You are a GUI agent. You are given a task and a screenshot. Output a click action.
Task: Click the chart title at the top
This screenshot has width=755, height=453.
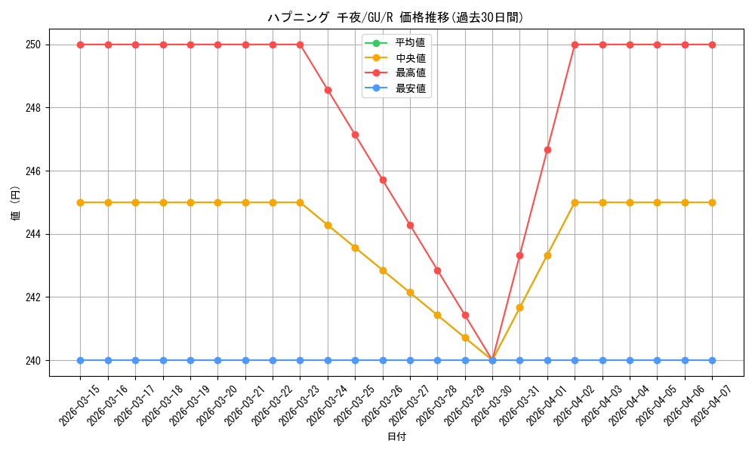(396, 17)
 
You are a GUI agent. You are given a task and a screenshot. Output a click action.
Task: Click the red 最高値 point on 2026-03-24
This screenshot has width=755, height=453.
(328, 90)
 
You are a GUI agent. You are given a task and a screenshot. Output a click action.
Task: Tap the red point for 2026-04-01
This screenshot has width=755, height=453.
(547, 149)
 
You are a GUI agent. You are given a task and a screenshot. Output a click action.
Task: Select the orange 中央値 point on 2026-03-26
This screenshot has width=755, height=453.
(383, 270)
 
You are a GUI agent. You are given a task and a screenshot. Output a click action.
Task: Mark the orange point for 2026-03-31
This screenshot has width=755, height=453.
(519, 307)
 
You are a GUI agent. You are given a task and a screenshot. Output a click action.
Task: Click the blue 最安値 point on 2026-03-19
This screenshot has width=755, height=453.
(190, 360)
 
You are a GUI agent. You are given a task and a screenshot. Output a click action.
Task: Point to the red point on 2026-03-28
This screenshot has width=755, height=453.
(437, 270)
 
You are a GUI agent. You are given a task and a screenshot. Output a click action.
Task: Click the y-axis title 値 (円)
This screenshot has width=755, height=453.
(15, 202)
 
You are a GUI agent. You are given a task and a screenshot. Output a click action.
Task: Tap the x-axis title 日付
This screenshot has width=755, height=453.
(396, 437)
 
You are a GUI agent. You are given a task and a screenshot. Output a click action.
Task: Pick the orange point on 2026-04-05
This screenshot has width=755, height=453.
(657, 202)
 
